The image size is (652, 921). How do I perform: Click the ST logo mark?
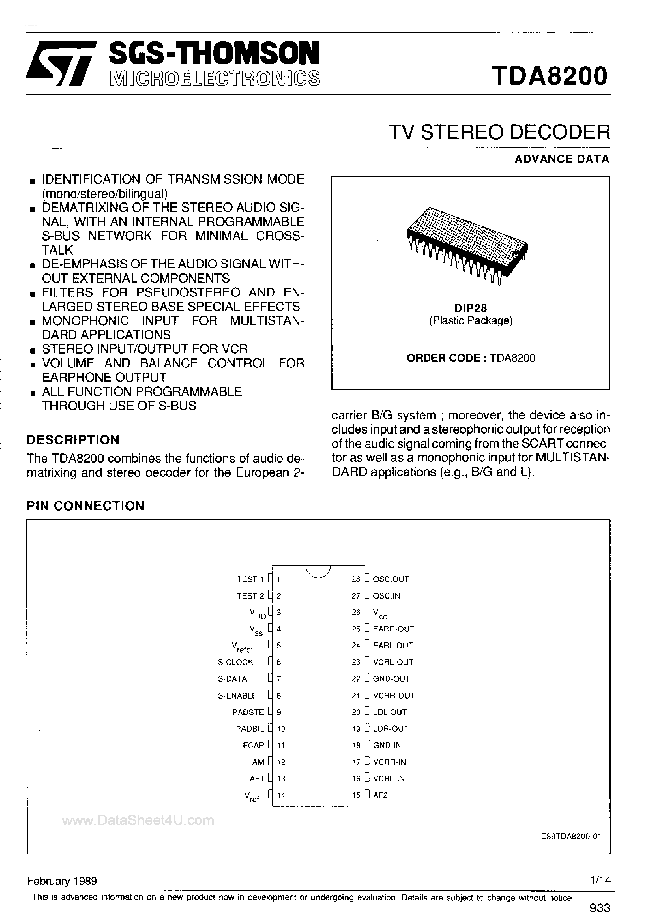[x=60, y=64]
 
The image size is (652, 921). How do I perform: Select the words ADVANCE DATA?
[x=562, y=159]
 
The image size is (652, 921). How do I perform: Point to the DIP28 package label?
[x=471, y=308]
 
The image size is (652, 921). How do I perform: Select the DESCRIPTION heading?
[x=73, y=440]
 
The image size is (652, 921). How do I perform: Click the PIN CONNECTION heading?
[x=86, y=505]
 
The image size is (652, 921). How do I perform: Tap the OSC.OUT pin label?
[x=391, y=579]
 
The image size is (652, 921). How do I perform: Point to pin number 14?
[x=281, y=795]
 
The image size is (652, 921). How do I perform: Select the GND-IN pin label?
[x=387, y=745]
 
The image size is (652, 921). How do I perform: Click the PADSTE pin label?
[x=248, y=712]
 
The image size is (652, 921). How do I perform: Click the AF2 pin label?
[x=380, y=795]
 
